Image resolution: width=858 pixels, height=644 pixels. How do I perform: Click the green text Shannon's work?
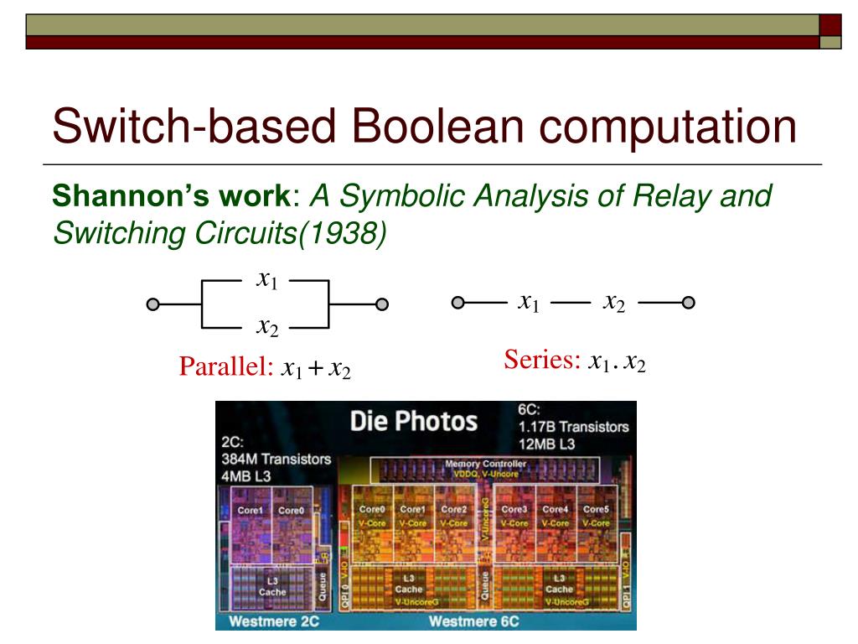pyautogui.click(x=170, y=197)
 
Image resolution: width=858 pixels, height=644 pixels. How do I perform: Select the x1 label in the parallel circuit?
pyautogui.click(x=266, y=280)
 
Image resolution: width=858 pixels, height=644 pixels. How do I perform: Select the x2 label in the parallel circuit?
pyautogui.click(x=266, y=327)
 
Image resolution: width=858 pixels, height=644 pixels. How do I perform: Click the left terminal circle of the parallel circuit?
pyautogui.click(x=152, y=304)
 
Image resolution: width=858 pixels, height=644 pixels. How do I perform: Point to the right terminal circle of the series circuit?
pyautogui.click(x=688, y=303)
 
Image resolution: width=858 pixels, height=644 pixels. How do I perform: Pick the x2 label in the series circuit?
pyautogui.click(x=614, y=303)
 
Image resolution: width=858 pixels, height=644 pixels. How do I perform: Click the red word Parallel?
pyautogui.click(x=225, y=367)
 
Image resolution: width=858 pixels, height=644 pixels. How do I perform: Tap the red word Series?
pyautogui.click(x=542, y=361)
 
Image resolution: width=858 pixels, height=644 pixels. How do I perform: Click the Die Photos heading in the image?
pyautogui.click(x=414, y=421)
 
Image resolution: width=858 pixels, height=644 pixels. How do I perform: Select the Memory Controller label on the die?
pyautogui.click(x=485, y=464)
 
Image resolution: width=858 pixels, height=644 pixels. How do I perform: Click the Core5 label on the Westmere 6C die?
pyautogui.click(x=596, y=509)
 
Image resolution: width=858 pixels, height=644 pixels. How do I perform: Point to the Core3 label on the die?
pyautogui.click(x=513, y=509)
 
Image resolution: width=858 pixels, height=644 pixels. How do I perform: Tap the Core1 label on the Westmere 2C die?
pyautogui.click(x=251, y=510)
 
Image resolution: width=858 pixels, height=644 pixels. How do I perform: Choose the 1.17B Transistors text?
pyautogui.click(x=573, y=427)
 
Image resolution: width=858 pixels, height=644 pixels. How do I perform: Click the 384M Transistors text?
pyautogui.click(x=276, y=459)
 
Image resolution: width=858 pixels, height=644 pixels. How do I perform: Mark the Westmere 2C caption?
pyautogui.click(x=261, y=621)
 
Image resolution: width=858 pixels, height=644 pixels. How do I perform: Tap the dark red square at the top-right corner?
pyautogui.click(x=830, y=25)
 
